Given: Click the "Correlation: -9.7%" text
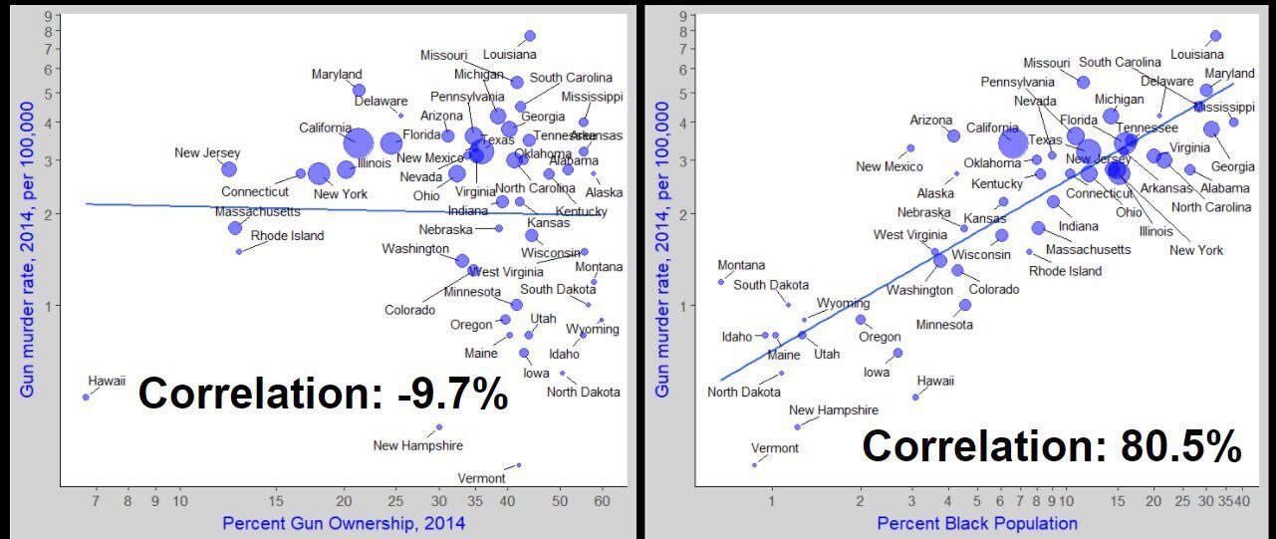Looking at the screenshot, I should [324, 393].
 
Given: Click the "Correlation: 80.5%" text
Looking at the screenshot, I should [1052, 445].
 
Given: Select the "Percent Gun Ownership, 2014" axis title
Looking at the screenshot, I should [344, 523].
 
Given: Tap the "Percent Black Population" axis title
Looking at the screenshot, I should [977, 523].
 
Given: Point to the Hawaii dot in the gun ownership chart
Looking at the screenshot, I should [86, 397].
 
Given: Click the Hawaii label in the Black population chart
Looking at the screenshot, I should [935, 381].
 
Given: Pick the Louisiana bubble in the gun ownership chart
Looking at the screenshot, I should [530, 36].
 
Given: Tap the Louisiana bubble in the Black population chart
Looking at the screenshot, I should [1215, 36].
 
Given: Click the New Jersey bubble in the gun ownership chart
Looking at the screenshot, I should [229, 169].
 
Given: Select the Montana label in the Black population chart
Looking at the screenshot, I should [742, 265].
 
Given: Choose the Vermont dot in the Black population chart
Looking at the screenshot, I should [754, 464].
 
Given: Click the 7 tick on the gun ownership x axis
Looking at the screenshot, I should [96, 500].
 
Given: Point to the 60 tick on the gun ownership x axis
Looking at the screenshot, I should [602, 500].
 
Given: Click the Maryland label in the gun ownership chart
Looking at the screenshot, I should [337, 74].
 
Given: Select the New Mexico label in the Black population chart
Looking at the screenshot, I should [883, 166].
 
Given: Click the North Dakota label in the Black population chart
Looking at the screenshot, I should [744, 392].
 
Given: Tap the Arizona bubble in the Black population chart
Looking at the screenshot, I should [953, 135].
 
